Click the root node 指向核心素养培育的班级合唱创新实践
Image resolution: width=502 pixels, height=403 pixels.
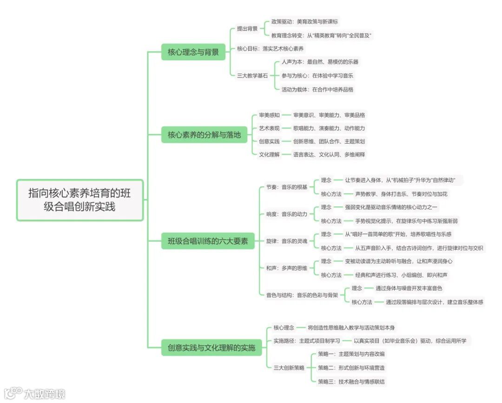click(x=79, y=199)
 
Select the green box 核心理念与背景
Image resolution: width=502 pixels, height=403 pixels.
click(x=193, y=52)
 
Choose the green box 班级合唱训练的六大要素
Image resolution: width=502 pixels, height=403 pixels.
click(x=208, y=241)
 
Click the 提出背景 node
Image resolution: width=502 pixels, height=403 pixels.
click(x=247, y=28)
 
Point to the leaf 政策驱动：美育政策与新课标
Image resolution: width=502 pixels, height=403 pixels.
click(x=304, y=21)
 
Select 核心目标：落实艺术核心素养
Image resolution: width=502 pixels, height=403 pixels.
click(x=271, y=48)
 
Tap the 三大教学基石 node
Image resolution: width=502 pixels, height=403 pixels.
click(x=252, y=75)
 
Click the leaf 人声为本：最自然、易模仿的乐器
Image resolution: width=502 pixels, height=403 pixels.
click(x=320, y=62)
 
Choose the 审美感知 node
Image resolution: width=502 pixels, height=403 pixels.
click(x=269, y=115)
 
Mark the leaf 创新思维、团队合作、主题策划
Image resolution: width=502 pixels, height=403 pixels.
click(x=329, y=141)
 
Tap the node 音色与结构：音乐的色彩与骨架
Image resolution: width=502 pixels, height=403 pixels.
click(x=302, y=295)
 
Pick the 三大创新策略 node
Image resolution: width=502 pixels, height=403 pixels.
click(x=289, y=368)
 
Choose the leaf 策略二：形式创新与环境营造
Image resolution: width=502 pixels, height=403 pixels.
click(x=351, y=368)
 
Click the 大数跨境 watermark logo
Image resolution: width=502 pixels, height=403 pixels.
click(x=35, y=393)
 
